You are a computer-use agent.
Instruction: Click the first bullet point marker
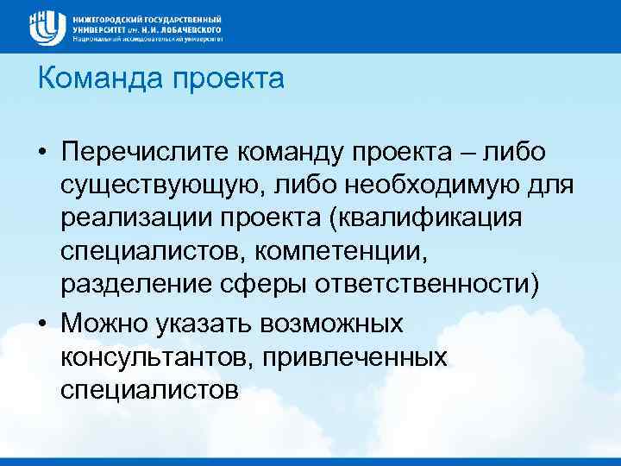coord(42,153)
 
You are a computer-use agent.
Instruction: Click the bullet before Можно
coord(42,324)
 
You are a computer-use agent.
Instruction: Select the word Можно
coord(104,324)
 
